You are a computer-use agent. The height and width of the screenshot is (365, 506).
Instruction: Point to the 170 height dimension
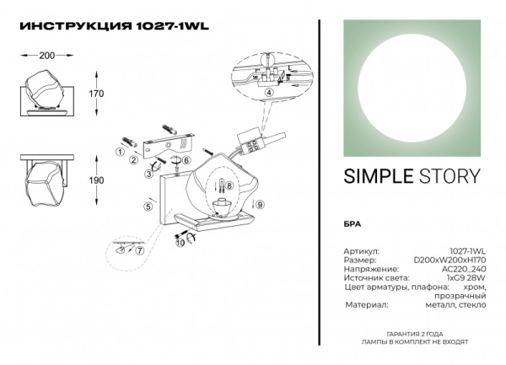(x=96, y=93)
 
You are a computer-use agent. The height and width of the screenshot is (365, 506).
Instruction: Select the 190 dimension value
(x=96, y=180)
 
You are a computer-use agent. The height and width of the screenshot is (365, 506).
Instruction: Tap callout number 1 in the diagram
(x=120, y=153)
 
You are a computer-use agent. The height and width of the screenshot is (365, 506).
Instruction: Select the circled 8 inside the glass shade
(x=228, y=186)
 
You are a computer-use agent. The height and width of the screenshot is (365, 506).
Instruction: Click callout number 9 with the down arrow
(x=260, y=204)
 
